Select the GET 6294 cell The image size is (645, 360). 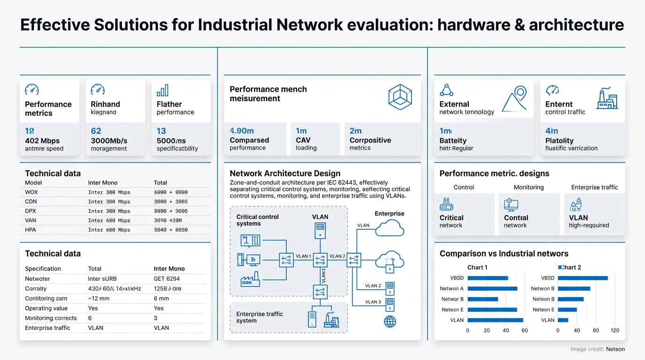click(167, 278)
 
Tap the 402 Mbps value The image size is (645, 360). click(42, 141)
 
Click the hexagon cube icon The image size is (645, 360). click(400, 97)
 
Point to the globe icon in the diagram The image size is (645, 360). click(390, 321)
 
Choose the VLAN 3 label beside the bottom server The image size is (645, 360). click(373, 302)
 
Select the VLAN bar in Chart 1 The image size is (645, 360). click(495, 320)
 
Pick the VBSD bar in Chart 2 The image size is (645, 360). click(583, 278)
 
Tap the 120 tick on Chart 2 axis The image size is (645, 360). click(615, 330)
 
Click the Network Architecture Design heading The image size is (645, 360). click(285, 173)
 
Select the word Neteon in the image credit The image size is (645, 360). click(615, 349)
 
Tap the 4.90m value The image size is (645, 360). click(242, 131)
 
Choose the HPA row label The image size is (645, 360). click(30, 230)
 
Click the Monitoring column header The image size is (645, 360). click(529, 187)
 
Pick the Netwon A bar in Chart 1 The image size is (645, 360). click(492, 289)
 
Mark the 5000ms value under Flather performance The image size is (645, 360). click(171, 141)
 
